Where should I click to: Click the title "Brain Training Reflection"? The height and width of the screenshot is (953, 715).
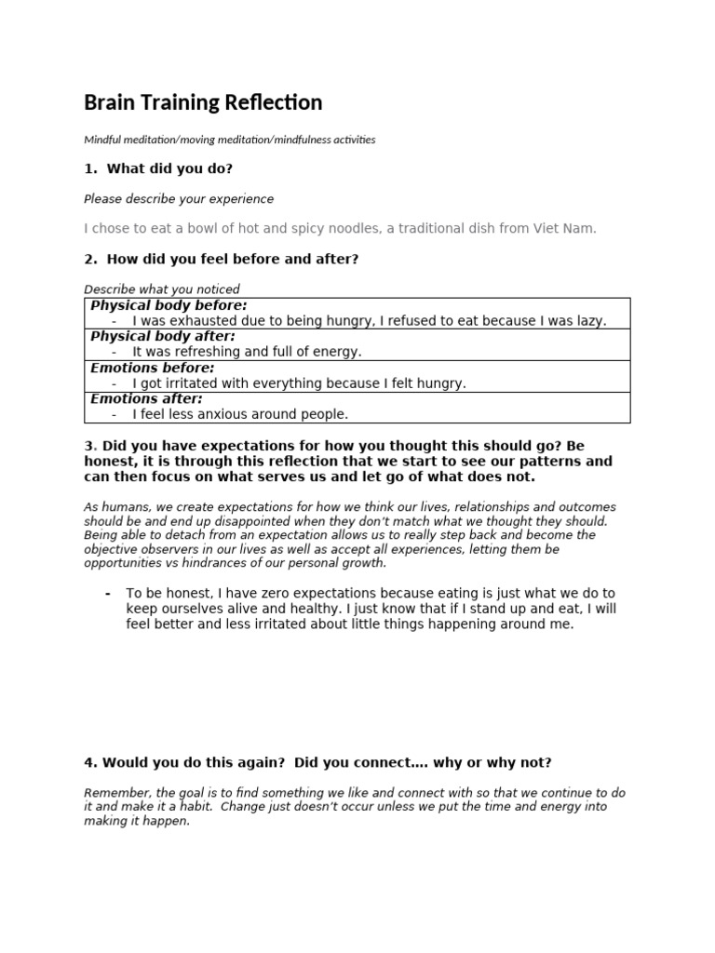pos(203,102)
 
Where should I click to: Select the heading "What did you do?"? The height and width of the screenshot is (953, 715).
pos(169,168)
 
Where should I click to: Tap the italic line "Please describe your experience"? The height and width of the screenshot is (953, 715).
pos(179,199)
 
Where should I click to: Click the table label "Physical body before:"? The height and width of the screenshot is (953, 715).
pos(169,305)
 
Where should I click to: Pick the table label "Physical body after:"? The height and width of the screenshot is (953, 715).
pos(163,336)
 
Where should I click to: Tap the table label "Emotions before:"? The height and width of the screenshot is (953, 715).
pos(153,368)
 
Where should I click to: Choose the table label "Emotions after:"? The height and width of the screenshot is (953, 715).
pos(146,398)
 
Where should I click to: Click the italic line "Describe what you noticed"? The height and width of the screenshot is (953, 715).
pos(162,289)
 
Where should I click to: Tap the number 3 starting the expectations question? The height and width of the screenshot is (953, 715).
pos(88,446)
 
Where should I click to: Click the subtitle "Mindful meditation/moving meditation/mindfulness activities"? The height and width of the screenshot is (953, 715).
pos(230,140)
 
